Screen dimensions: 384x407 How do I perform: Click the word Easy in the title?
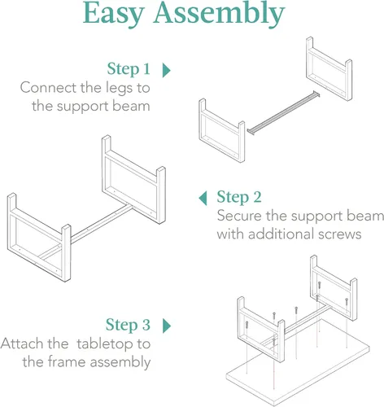(114, 14)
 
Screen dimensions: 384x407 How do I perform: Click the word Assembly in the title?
(219, 14)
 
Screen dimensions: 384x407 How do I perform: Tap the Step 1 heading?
(129, 68)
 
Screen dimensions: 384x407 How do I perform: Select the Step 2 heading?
(239, 197)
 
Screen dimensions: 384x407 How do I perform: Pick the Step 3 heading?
(128, 325)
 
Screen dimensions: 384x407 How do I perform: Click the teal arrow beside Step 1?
(166, 70)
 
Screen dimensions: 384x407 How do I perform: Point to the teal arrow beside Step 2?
(203, 198)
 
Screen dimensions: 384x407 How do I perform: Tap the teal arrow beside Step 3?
(167, 326)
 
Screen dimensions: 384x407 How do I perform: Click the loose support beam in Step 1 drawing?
(283, 113)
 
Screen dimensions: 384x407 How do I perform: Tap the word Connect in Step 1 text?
(48, 88)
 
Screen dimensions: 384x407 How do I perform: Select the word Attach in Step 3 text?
(22, 344)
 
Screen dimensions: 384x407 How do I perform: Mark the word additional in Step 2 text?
(281, 234)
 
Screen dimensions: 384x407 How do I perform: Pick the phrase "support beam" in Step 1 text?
(103, 107)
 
